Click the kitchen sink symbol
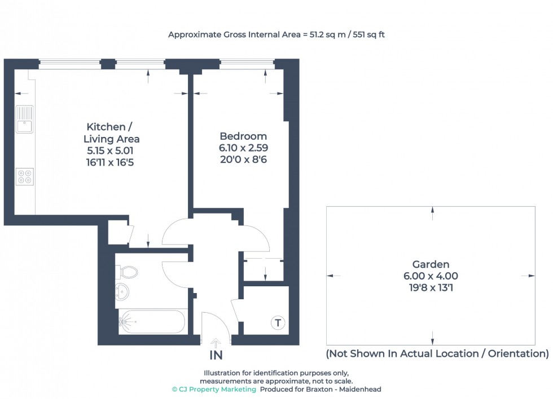click(x=25, y=119)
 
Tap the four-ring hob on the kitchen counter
click(x=25, y=176)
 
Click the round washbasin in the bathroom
click(x=122, y=292)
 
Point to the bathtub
click(x=151, y=322)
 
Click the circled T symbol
click(x=277, y=323)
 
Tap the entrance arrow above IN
click(x=216, y=343)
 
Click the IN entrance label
click(x=216, y=356)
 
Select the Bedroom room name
click(x=243, y=136)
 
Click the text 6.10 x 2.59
click(x=243, y=148)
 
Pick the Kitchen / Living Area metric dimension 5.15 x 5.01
click(x=111, y=150)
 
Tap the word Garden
click(x=431, y=264)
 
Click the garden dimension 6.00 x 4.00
click(x=431, y=276)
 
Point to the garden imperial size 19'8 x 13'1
click(x=431, y=287)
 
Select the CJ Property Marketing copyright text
click(x=214, y=389)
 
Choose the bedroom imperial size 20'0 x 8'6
click(x=243, y=159)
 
